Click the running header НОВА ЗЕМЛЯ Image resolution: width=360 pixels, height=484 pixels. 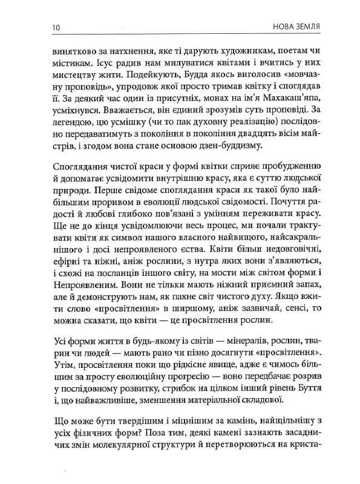[298, 27]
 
